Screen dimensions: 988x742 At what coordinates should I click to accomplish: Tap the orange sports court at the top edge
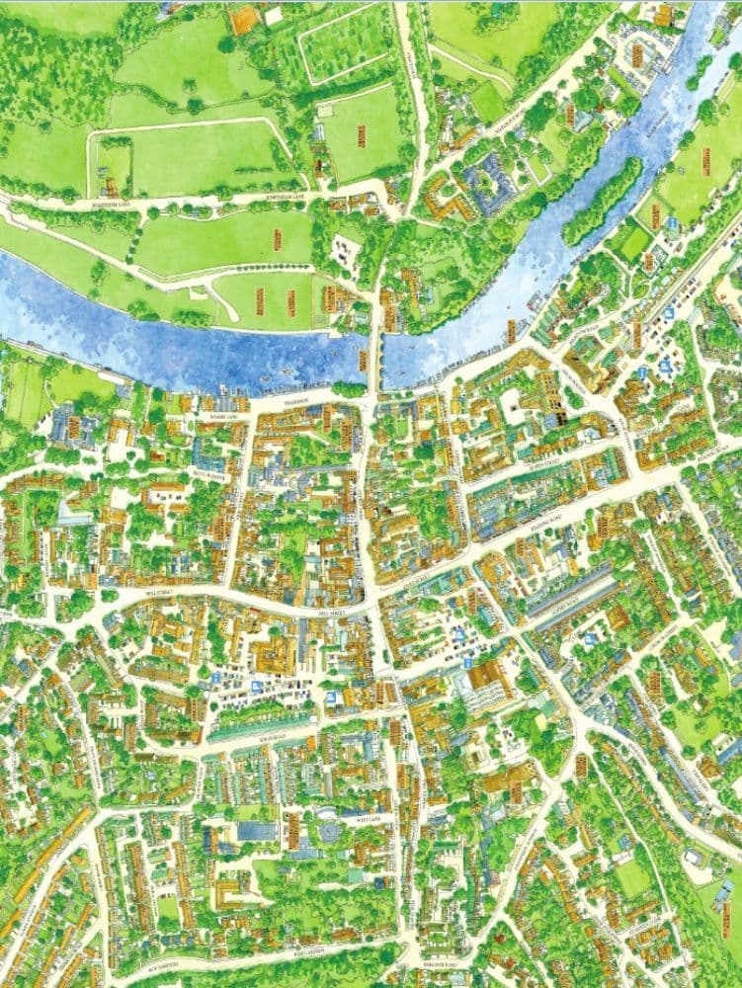tap(243, 18)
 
